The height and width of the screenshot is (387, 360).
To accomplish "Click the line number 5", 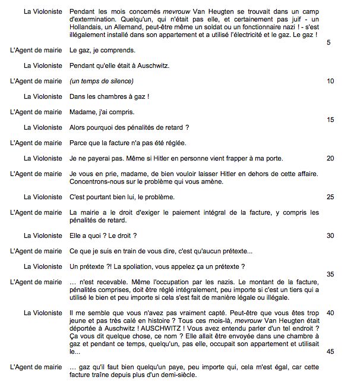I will pos(329,58).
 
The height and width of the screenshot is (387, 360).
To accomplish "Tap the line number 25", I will pos(331,197).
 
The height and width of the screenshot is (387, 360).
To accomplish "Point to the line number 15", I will pos(331,119).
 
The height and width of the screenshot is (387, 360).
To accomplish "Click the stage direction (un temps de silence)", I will pos(102,81).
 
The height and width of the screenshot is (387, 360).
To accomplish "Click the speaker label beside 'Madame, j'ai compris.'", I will pos(36,112).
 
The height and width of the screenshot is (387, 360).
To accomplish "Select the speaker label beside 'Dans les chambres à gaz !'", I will pos(43,96).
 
